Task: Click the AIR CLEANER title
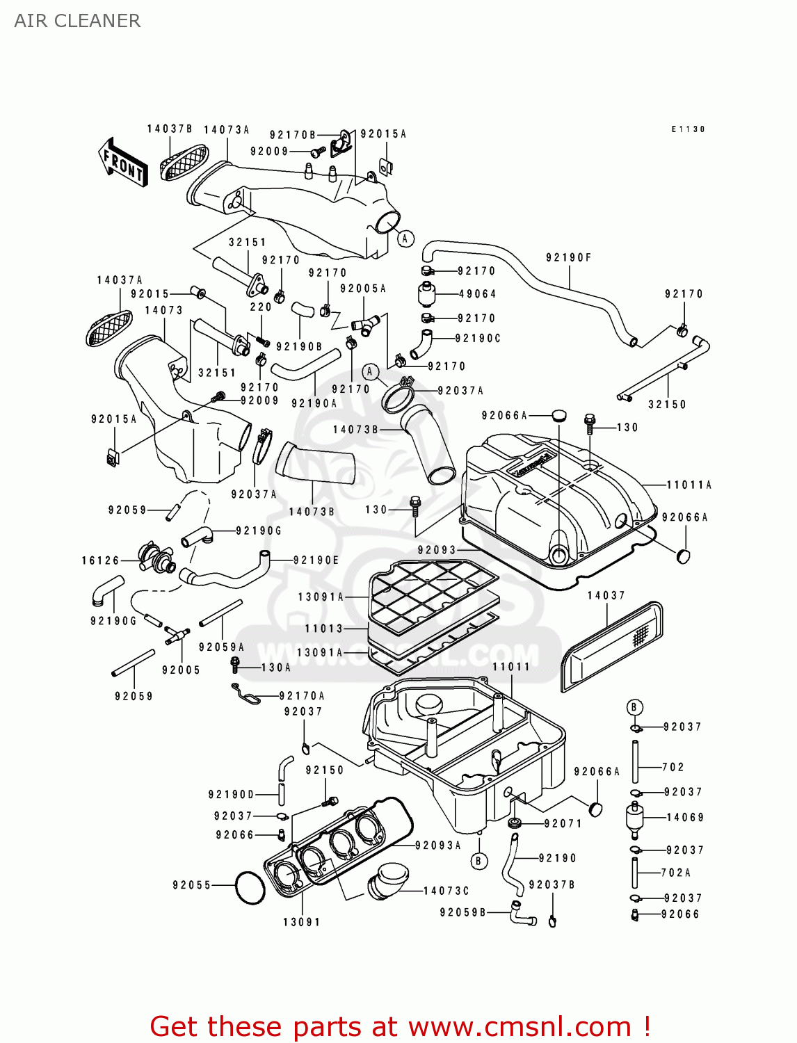[x=77, y=21]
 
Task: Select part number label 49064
[x=477, y=294]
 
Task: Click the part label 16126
[x=101, y=560]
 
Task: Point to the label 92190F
[x=568, y=258]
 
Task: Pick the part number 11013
[x=324, y=629]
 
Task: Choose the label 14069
[x=685, y=818]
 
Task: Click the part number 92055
[x=192, y=885]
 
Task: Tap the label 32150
[x=667, y=405]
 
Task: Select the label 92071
[x=563, y=824]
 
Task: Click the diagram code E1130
[x=688, y=129]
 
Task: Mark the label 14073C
[x=446, y=891]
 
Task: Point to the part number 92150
[x=325, y=770]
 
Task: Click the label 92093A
[x=438, y=846]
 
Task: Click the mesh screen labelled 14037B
[x=184, y=162]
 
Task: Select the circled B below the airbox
[x=478, y=861]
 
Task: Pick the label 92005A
[x=363, y=289]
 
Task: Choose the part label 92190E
[x=316, y=560]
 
